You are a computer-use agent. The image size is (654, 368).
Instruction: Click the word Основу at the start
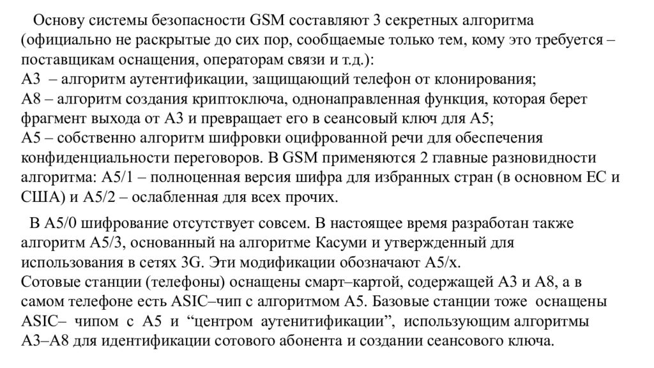tap(56, 22)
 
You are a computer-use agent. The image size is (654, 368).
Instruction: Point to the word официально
tap(68, 41)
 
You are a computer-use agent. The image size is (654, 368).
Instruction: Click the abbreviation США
tap(38, 197)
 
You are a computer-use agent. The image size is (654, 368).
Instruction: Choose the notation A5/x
tap(437, 263)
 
